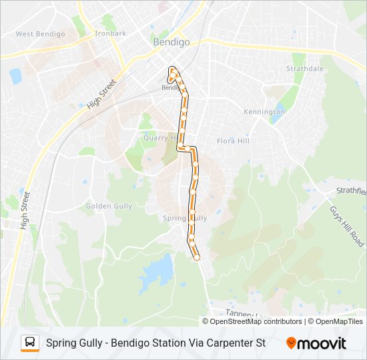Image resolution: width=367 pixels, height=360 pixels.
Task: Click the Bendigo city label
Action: coord(171,41)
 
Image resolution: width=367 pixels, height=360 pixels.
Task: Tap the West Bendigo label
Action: coord(40,34)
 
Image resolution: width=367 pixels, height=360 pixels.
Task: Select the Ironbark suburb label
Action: coord(110,33)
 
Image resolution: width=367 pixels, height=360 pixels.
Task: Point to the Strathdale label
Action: coord(304,69)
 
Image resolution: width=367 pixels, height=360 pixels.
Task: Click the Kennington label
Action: coord(264,111)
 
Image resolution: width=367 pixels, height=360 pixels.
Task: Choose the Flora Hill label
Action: coord(233,141)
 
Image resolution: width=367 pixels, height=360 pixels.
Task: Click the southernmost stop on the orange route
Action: coord(197,257)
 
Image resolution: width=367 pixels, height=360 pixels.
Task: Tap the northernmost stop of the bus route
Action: coord(173,69)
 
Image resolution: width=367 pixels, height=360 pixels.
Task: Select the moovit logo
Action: coord(316,343)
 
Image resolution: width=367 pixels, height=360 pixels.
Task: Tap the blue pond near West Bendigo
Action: coord(15,75)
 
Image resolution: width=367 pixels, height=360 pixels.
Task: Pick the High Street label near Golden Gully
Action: coord(26,210)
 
